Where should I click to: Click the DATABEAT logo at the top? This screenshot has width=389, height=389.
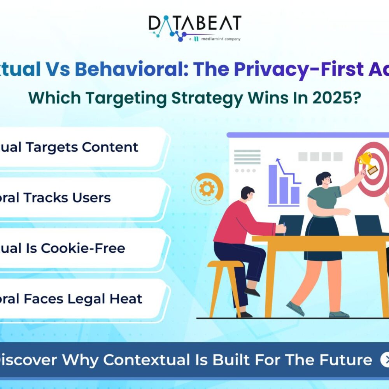tap(194, 24)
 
